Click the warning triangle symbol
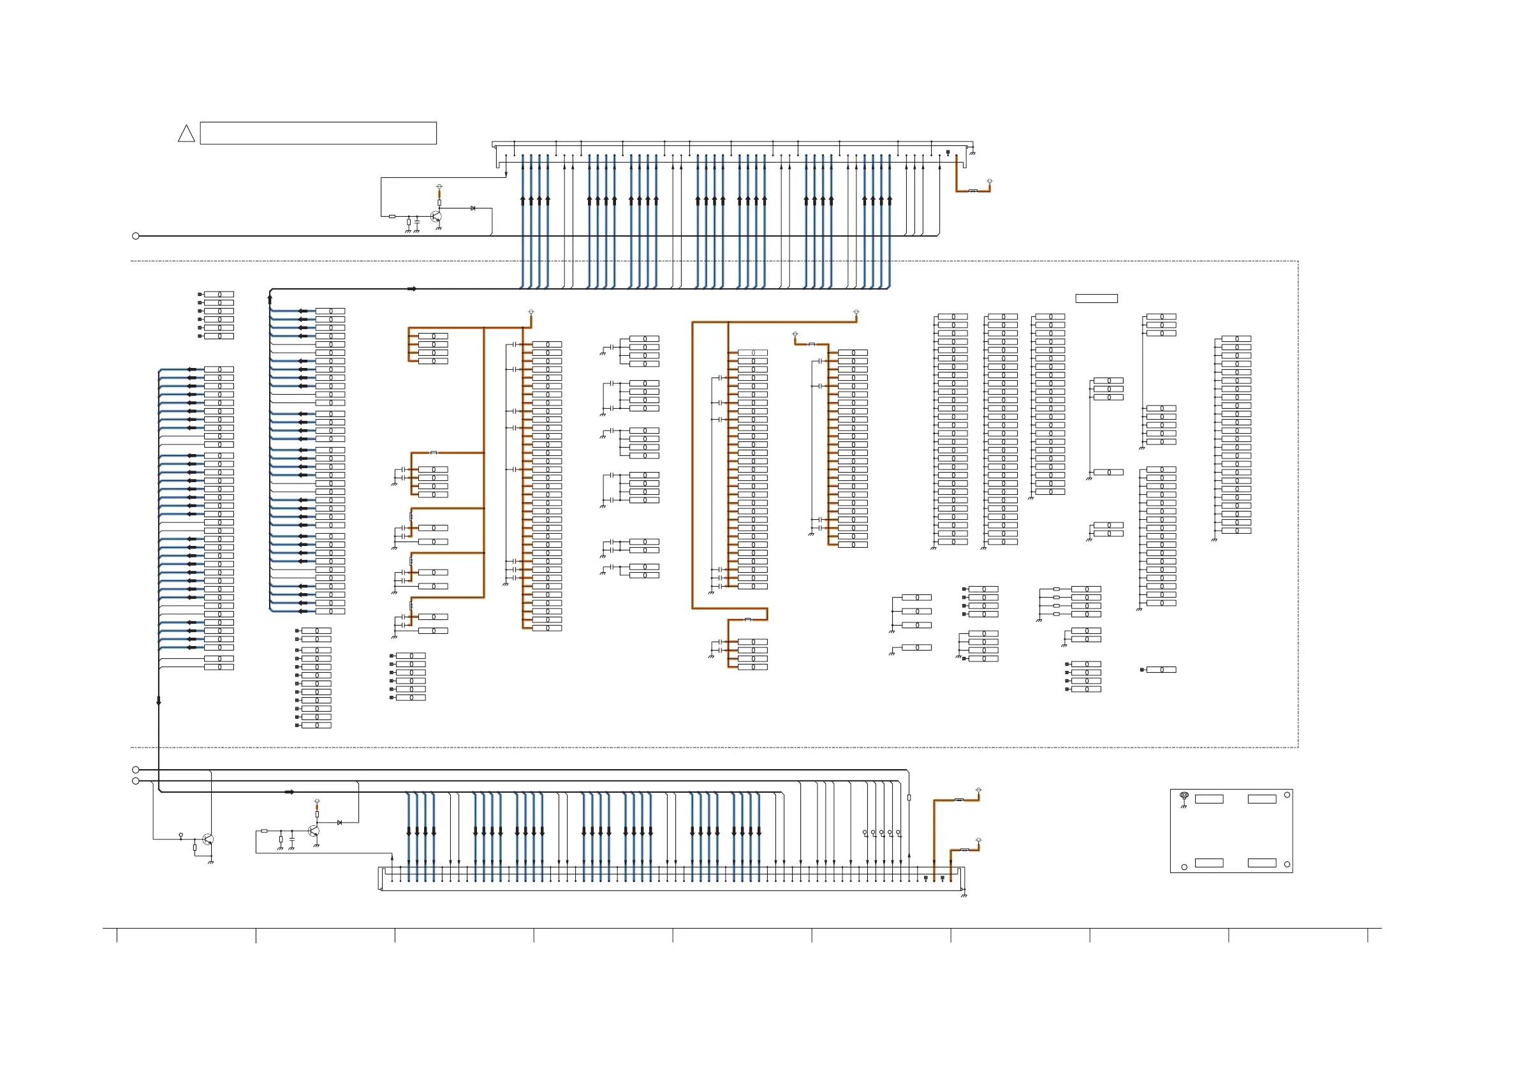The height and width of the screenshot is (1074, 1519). (x=187, y=135)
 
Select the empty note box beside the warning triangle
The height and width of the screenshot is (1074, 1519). (x=318, y=133)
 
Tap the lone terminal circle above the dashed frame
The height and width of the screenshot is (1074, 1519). (x=136, y=236)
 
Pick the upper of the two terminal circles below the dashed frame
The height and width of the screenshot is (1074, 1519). (x=136, y=770)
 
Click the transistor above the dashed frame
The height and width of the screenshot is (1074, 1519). (x=436, y=216)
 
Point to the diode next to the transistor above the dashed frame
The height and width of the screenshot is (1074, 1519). (x=473, y=209)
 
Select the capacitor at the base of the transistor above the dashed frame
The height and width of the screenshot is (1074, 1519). (x=417, y=223)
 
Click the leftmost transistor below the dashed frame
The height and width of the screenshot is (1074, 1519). (x=209, y=839)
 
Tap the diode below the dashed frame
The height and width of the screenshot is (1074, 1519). (x=339, y=823)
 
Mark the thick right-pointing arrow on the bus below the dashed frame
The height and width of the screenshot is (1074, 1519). (x=289, y=792)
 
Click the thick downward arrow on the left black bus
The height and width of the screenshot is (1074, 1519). (x=159, y=700)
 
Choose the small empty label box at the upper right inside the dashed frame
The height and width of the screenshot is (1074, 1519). (x=1096, y=298)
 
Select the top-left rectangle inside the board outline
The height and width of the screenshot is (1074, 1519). (x=1208, y=799)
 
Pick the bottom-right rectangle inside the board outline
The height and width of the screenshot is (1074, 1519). (x=1261, y=863)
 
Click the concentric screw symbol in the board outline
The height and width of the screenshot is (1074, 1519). (x=1184, y=795)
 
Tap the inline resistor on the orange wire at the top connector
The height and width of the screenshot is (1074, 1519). (x=972, y=191)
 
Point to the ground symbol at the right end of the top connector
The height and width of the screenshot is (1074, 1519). (x=972, y=153)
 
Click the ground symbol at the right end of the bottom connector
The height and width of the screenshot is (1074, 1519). (x=964, y=895)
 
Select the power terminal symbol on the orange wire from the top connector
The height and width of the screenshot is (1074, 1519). (x=990, y=180)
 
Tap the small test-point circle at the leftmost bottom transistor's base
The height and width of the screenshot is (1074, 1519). (x=180, y=835)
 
